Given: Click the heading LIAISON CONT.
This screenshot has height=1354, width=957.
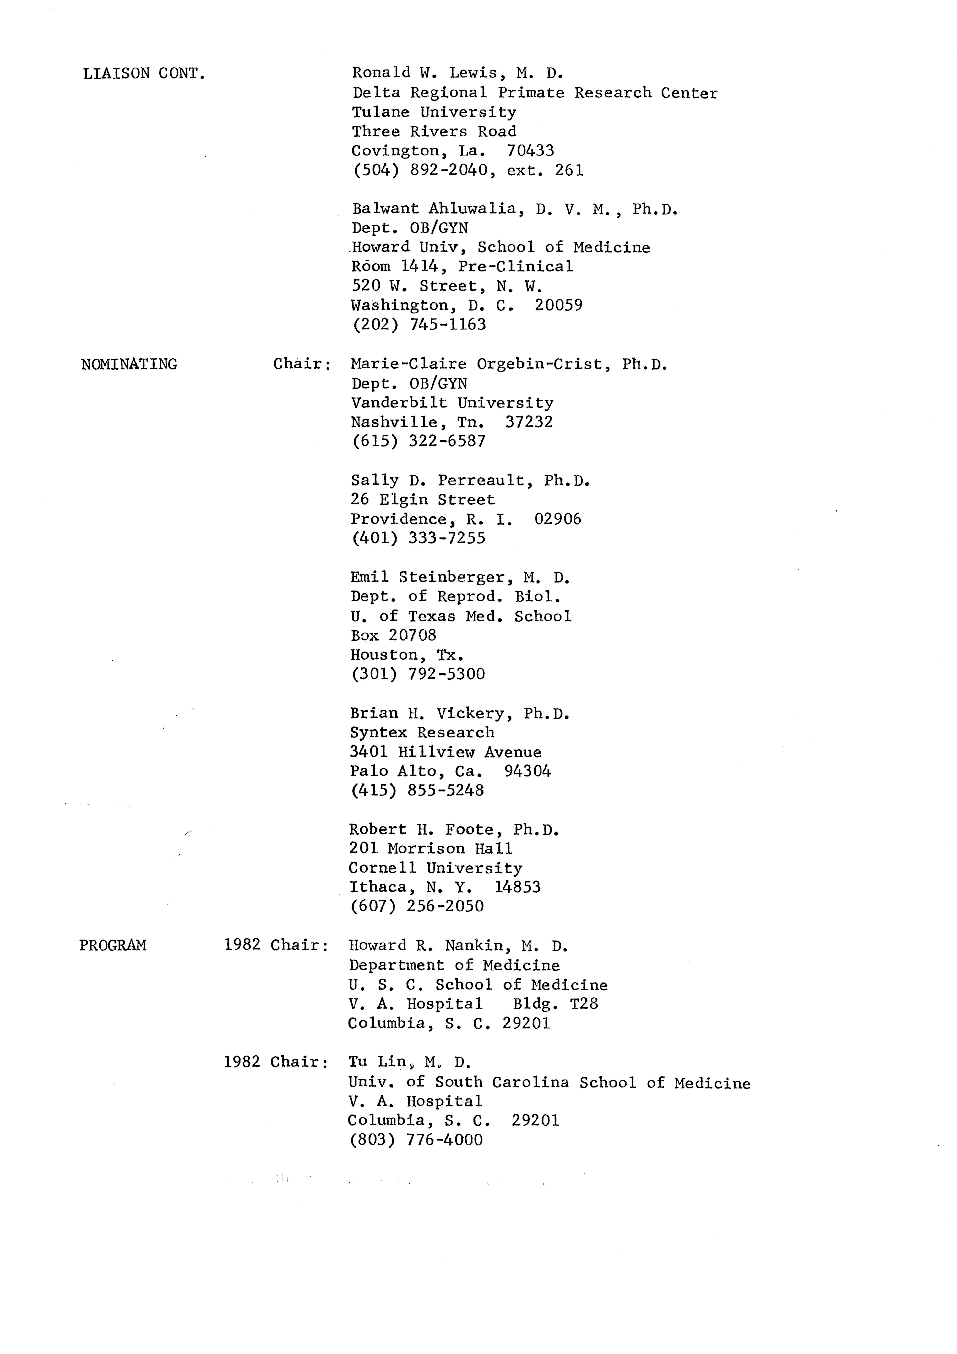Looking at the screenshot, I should tap(144, 74).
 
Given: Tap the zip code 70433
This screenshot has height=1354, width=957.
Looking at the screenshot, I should tap(530, 151).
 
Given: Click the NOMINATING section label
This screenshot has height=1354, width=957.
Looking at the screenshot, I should tap(129, 364).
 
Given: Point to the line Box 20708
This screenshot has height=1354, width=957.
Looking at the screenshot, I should tap(393, 635).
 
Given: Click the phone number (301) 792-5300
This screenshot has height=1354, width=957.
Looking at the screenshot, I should tap(417, 674).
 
